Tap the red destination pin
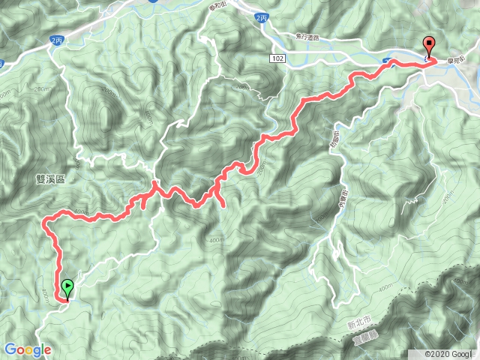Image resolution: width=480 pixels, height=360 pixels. click(429, 44)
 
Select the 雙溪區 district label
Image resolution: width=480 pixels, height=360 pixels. click(50, 180)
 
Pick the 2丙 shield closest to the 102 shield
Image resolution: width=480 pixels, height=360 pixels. click(260, 17)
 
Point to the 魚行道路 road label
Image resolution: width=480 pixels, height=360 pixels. click(301, 37)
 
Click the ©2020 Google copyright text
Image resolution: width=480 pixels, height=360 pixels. click(448, 353)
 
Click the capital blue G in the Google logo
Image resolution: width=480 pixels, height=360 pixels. click(10, 349)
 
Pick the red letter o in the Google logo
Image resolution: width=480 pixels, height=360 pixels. click(19, 350)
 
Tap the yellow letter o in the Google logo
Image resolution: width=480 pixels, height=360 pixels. click(28, 350)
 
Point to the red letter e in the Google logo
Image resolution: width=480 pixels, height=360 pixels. click(47, 350)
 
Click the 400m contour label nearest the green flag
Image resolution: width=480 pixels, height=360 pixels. click(45, 292)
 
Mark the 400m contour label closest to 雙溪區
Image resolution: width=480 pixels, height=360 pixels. click(82, 213)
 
